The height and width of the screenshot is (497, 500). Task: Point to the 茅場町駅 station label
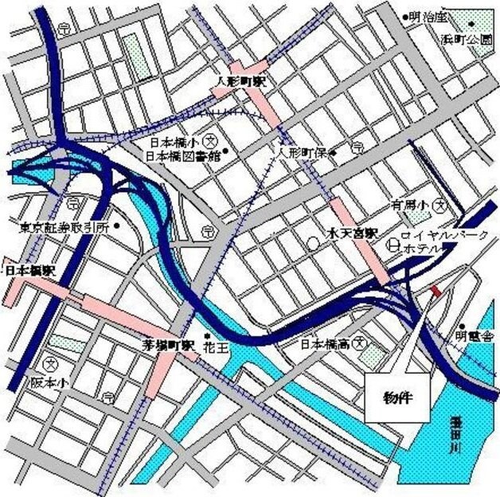pyautogui.click(x=168, y=346)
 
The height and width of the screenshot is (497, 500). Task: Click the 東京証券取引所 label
pyautogui.click(x=64, y=227)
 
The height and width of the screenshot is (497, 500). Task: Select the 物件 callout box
pyautogui.click(x=396, y=397)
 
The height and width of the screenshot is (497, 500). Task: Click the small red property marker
pyautogui.click(x=435, y=292)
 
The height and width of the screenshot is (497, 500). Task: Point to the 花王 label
pyautogui.click(x=228, y=348)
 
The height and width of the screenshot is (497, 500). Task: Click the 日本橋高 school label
pyautogui.click(x=326, y=345)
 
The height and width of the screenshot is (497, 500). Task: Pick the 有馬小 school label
pyautogui.click(x=411, y=205)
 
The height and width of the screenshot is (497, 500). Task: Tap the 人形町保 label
pyautogui.click(x=302, y=151)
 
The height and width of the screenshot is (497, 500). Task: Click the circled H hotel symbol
pyautogui.click(x=392, y=248)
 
